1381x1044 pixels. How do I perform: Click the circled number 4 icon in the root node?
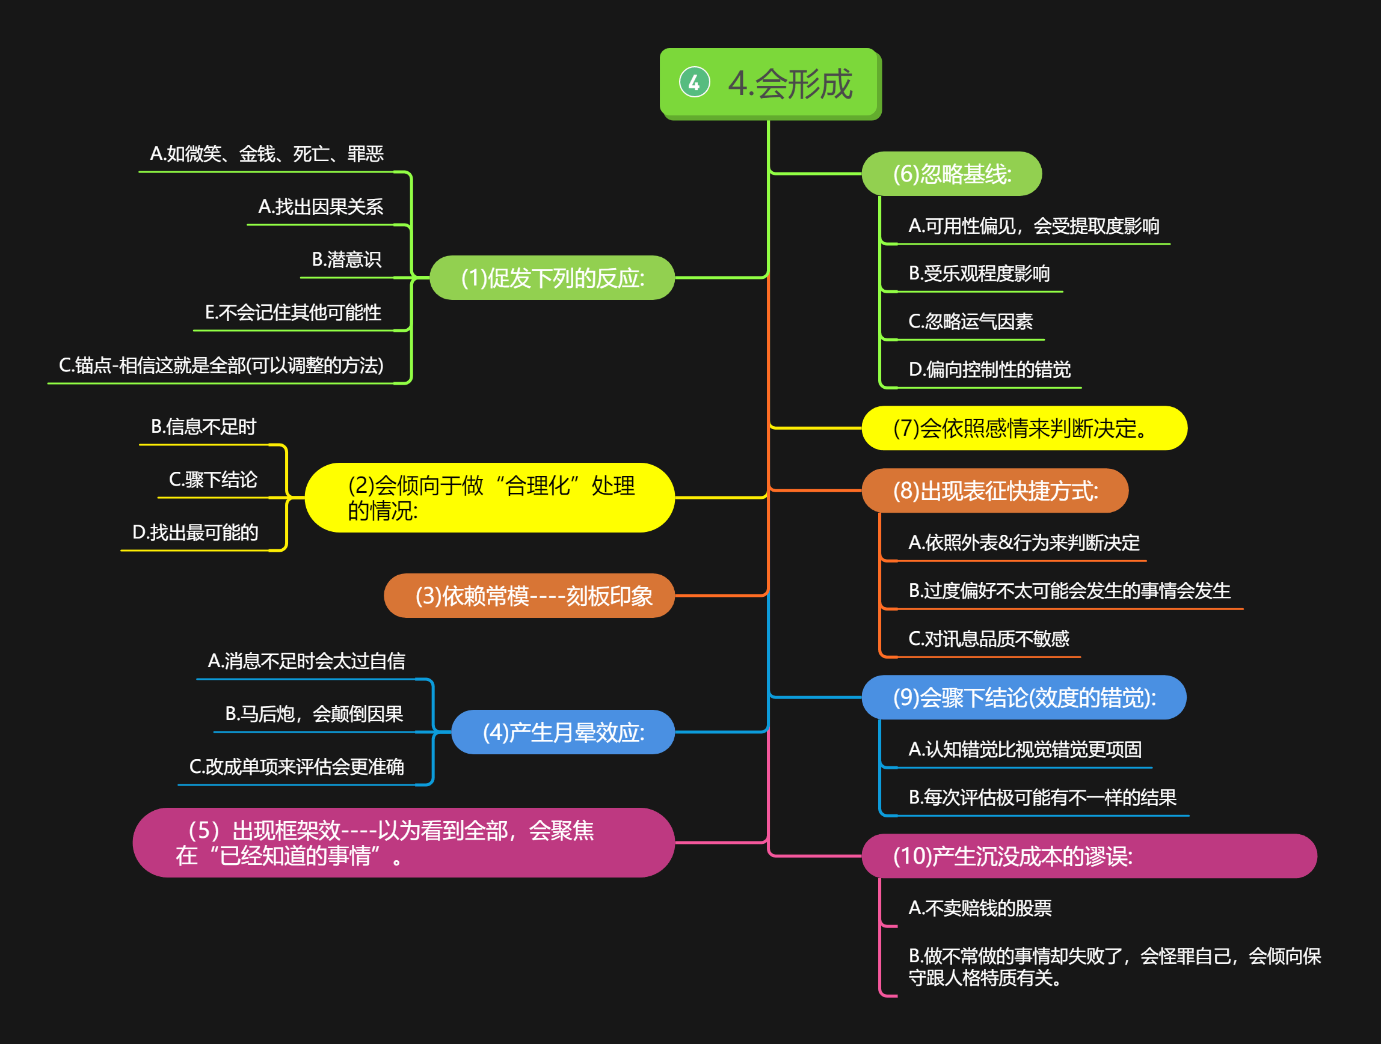(694, 82)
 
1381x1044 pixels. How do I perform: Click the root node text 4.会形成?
(790, 84)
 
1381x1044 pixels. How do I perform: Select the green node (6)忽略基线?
(952, 174)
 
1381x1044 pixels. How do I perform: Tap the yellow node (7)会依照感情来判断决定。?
(1024, 429)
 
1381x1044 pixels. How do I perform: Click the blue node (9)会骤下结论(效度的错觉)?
(1024, 698)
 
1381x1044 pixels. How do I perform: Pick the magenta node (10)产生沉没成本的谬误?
(1089, 856)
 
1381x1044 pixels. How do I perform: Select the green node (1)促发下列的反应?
(553, 278)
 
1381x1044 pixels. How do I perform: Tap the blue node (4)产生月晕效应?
(563, 733)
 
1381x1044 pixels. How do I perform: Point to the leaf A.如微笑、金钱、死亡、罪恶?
(266, 154)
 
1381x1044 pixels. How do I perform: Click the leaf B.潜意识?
(346, 260)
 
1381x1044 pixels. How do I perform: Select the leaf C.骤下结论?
(213, 480)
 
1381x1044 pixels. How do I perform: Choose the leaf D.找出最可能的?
(195, 533)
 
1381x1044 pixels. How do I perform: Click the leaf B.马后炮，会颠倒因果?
(314, 714)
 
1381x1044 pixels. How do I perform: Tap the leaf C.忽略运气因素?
(970, 322)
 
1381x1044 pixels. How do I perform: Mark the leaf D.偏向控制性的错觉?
(989, 370)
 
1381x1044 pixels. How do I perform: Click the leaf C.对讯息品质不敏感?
(988, 639)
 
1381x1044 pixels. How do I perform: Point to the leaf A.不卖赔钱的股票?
(980, 909)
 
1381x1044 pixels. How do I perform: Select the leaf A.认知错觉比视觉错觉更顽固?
(1024, 749)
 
